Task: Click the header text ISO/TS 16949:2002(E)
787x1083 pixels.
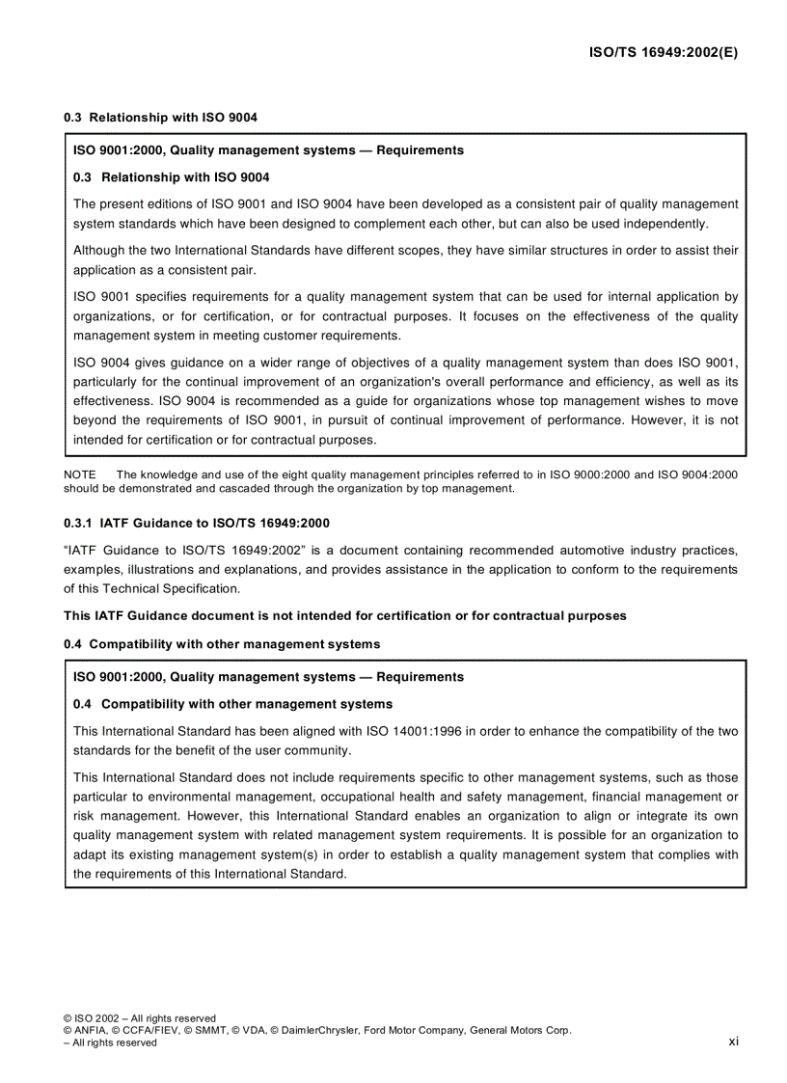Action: [x=664, y=53]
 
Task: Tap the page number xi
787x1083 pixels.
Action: [x=733, y=1041]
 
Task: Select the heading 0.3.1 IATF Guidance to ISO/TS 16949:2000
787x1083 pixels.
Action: [x=197, y=523]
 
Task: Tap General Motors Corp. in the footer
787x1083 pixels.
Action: [x=521, y=1030]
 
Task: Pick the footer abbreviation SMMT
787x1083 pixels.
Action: [x=203, y=1030]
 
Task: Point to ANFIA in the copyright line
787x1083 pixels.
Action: [x=93, y=1030]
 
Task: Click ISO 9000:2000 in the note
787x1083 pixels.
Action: [x=587, y=474]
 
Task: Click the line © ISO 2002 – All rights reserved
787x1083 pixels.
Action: [x=140, y=1017]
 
